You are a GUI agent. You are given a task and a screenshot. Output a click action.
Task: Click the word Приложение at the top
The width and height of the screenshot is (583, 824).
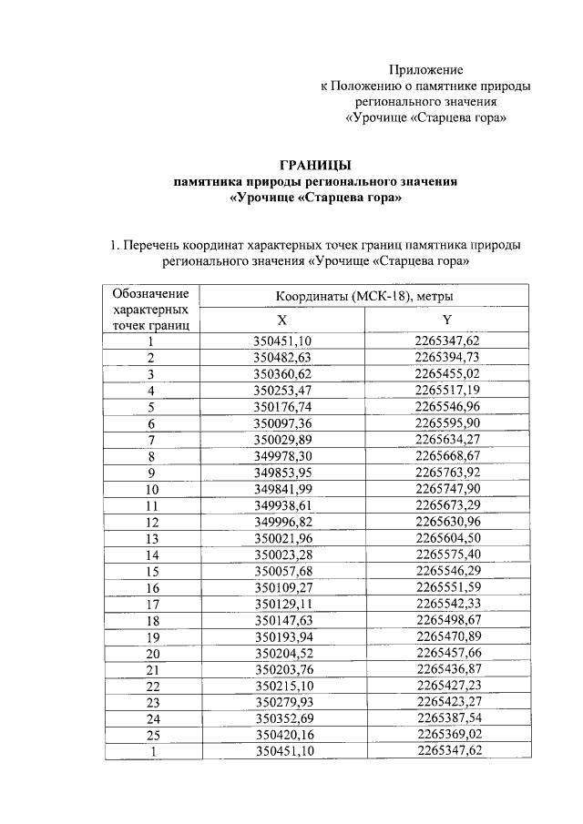pyautogui.click(x=426, y=70)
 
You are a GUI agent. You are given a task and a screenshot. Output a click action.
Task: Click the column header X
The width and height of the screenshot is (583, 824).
pyautogui.click(x=281, y=320)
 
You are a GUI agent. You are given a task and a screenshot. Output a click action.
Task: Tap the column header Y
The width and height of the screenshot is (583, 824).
pyautogui.click(x=446, y=320)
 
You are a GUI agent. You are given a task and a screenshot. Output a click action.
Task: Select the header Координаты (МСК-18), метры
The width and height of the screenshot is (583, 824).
pyautogui.click(x=364, y=297)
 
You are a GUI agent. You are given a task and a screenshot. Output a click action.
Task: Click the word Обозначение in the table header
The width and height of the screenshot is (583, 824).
pyautogui.click(x=150, y=293)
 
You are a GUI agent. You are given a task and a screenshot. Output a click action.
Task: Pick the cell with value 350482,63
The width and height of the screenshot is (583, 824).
pyautogui.click(x=282, y=358)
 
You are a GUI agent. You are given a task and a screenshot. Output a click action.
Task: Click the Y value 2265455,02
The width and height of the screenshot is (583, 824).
pyautogui.click(x=447, y=374)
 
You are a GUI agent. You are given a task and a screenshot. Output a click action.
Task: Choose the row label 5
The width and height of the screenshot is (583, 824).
pyautogui.click(x=150, y=407)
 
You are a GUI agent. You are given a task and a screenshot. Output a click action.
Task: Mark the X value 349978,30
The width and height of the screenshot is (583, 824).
pyautogui.click(x=282, y=456)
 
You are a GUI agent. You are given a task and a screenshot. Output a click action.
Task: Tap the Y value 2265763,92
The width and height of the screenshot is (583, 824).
pyautogui.click(x=447, y=473)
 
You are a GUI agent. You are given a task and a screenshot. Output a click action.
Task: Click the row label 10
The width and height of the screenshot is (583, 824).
pyautogui.click(x=150, y=489)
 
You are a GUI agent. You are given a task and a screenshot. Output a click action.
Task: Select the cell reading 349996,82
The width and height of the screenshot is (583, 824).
pyautogui.click(x=282, y=522)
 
